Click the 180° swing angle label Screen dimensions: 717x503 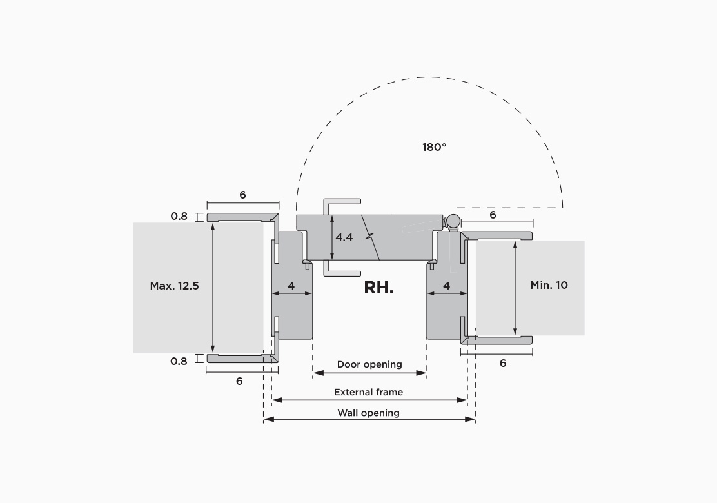point(434,147)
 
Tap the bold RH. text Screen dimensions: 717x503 point(378,288)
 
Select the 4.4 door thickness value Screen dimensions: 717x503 point(344,237)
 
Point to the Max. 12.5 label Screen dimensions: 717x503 point(174,286)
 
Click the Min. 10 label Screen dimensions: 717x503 point(549,285)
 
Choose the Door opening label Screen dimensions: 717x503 point(369,364)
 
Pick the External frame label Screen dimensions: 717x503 point(369,392)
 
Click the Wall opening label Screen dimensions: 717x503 point(369,413)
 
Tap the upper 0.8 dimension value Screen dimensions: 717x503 point(179,216)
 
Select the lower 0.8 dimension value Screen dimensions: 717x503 point(179,361)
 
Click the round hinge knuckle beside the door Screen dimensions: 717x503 point(454,221)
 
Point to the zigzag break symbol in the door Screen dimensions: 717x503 point(370,237)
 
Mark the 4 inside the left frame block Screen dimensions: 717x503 point(291,286)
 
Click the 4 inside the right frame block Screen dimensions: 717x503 point(447,286)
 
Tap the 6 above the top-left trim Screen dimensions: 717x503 point(243,195)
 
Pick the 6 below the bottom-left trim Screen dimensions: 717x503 point(239,381)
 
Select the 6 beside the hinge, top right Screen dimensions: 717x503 point(493,215)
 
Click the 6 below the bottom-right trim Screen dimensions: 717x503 point(503,363)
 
